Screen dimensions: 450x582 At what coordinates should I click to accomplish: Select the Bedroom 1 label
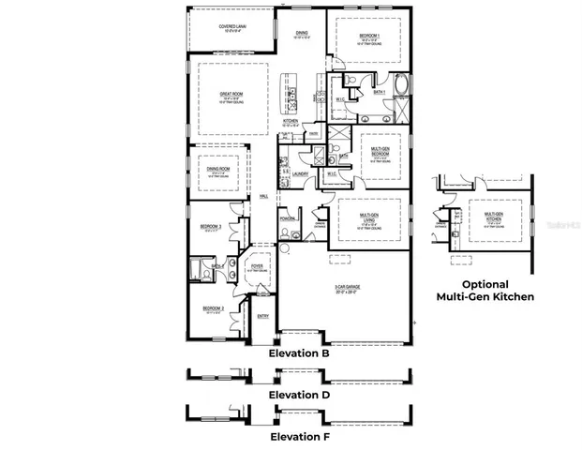370,37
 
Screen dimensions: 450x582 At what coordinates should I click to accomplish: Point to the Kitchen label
291,122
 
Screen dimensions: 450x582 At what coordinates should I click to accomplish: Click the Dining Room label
217,169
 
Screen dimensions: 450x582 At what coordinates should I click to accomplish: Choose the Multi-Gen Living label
373,217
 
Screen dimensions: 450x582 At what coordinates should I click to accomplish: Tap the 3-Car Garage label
347,289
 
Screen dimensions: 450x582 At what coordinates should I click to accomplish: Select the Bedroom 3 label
211,227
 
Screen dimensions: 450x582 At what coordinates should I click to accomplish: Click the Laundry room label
301,173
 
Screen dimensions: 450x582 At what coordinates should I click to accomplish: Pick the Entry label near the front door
262,316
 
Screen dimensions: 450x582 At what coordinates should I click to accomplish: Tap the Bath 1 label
380,92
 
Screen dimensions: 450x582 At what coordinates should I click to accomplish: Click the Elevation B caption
298,354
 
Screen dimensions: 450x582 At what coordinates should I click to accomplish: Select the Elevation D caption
298,395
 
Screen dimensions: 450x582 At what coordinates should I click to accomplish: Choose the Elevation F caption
298,436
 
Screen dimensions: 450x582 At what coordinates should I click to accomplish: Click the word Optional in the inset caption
485,284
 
